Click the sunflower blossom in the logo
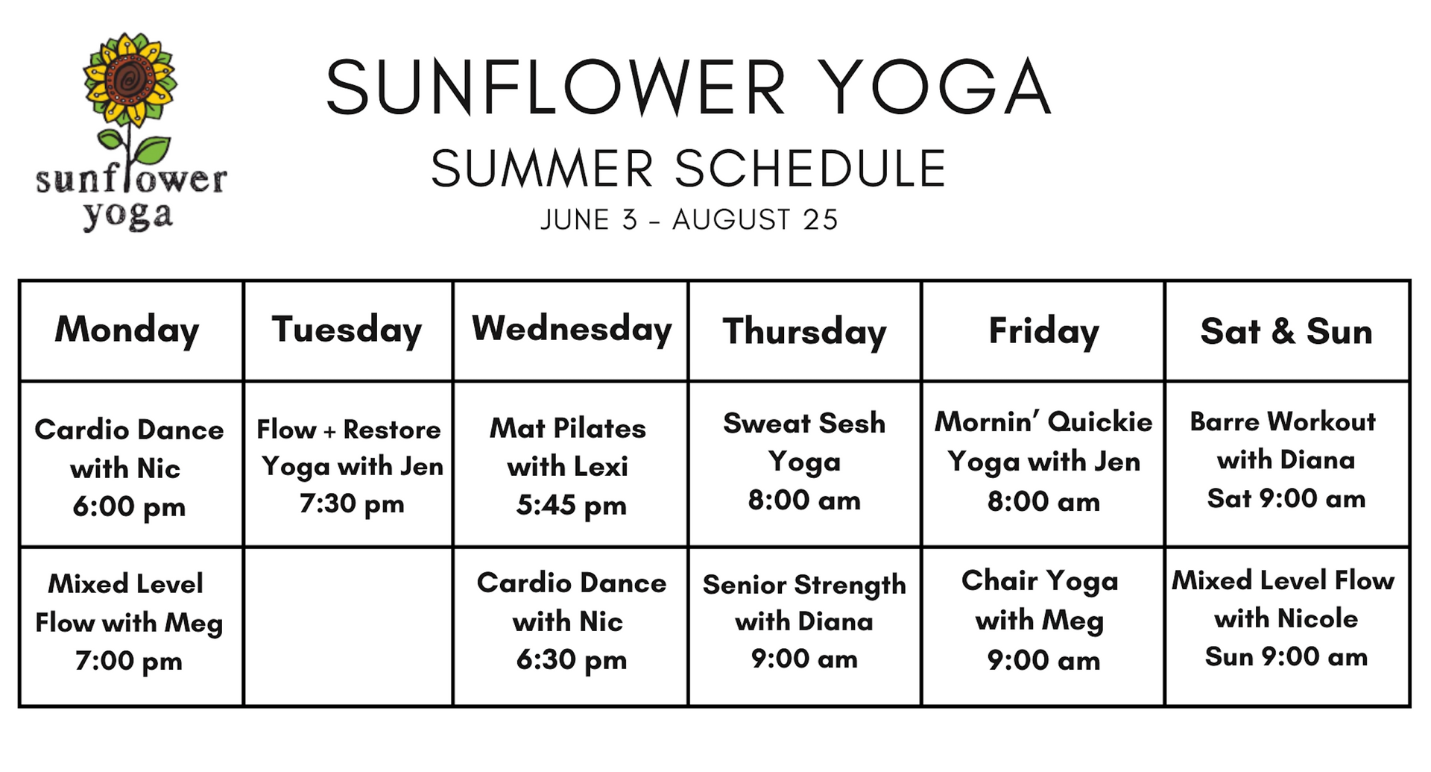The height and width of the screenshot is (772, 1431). pyautogui.click(x=130, y=78)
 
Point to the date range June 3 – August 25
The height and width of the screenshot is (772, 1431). pyautogui.click(x=689, y=220)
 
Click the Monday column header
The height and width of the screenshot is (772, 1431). pyautogui.click(x=127, y=330)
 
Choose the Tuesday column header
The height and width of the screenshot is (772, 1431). pyautogui.click(x=347, y=330)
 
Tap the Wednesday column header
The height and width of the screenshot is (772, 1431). pyautogui.click(x=572, y=329)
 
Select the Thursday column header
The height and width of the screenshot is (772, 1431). pyautogui.click(x=804, y=331)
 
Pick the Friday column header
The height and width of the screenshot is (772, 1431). pyautogui.click(x=1043, y=331)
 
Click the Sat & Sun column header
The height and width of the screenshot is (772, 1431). pyautogui.click(x=1286, y=331)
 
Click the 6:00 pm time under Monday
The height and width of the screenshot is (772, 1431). pyautogui.click(x=129, y=507)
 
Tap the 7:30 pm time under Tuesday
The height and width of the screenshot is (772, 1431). pyautogui.click(x=352, y=504)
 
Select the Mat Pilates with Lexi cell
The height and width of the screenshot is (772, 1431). pyautogui.click(x=569, y=465)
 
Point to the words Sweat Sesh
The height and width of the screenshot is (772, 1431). pyautogui.click(x=804, y=423)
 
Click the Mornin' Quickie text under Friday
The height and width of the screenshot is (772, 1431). pyautogui.click(x=1043, y=421)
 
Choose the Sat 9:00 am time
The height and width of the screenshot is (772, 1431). pyautogui.click(x=1286, y=498)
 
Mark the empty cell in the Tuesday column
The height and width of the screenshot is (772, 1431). pyautogui.click(x=348, y=627)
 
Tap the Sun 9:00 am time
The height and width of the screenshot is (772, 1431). pyautogui.click(x=1286, y=656)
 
